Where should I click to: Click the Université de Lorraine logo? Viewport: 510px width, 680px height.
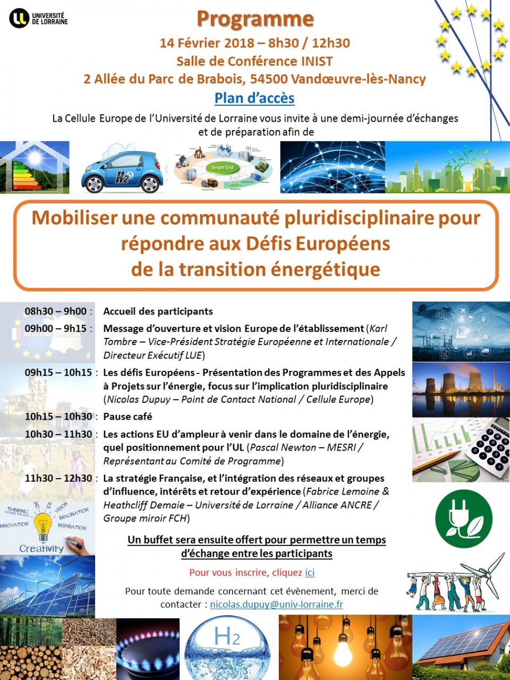coord(38,18)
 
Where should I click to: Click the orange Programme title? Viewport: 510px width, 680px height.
coord(255,19)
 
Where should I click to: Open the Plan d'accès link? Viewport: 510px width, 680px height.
coord(254,98)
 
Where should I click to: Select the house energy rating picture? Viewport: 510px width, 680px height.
coord(35,167)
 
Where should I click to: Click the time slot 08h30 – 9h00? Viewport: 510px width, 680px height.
coord(55,311)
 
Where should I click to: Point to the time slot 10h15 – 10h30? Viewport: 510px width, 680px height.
coord(58,416)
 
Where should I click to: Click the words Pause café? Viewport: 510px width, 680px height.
coord(127,416)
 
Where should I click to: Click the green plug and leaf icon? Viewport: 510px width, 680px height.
coord(463,518)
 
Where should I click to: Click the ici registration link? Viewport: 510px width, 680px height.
coord(310,573)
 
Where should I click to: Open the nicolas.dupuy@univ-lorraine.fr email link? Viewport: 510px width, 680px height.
coord(276,605)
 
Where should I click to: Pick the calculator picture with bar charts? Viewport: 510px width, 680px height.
coord(461,450)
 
